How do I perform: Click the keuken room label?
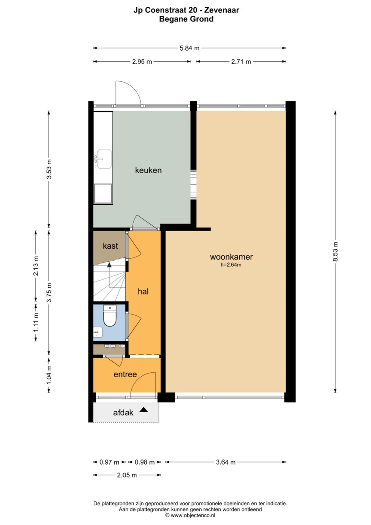(x=148, y=170)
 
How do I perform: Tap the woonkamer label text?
(x=231, y=257)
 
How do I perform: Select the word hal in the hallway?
(x=143, y=291)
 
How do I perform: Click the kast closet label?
(x=110, y=246)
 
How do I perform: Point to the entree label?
(x=125, y=374)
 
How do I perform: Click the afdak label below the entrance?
(x=123, y=412)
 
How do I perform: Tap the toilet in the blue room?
(x=110, y=316)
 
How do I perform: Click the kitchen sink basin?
(x=104, y=159)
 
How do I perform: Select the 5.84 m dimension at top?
(x=189, y=48)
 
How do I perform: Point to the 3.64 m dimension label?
(x=226, y=462)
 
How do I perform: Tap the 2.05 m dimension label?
(x=127, y=475)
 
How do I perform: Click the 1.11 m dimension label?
(x=36, y=323)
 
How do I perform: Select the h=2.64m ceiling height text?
(x=231, y=265)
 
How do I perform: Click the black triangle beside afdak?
(x=144, y=410)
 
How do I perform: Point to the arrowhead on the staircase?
(x=109, y=265)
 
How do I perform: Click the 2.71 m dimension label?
(x=241, y=62)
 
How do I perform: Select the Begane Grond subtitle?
(x=186, y=19)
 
